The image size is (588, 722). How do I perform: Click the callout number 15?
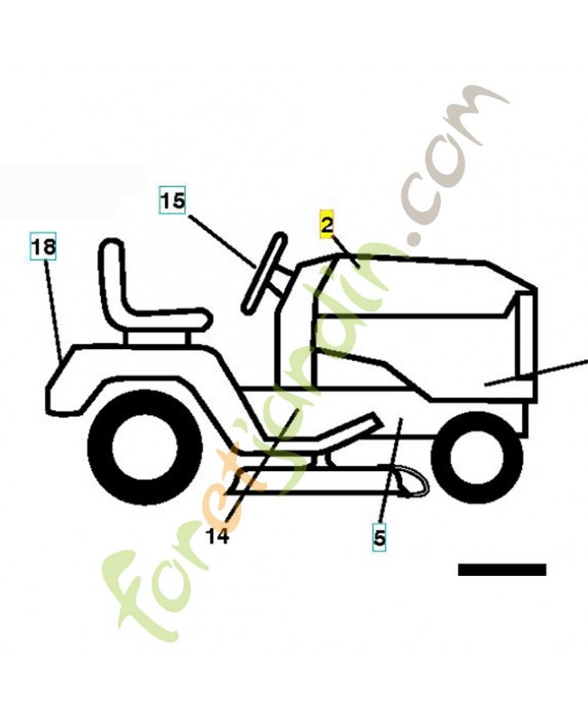click(172, 199)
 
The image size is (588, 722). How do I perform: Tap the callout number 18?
click(42, 246)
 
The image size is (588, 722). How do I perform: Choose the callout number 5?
click(379, 539)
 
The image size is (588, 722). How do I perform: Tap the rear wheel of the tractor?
click(145, 447)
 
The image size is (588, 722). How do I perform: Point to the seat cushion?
click(162, 319)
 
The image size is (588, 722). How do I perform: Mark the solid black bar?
click(501, 569)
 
